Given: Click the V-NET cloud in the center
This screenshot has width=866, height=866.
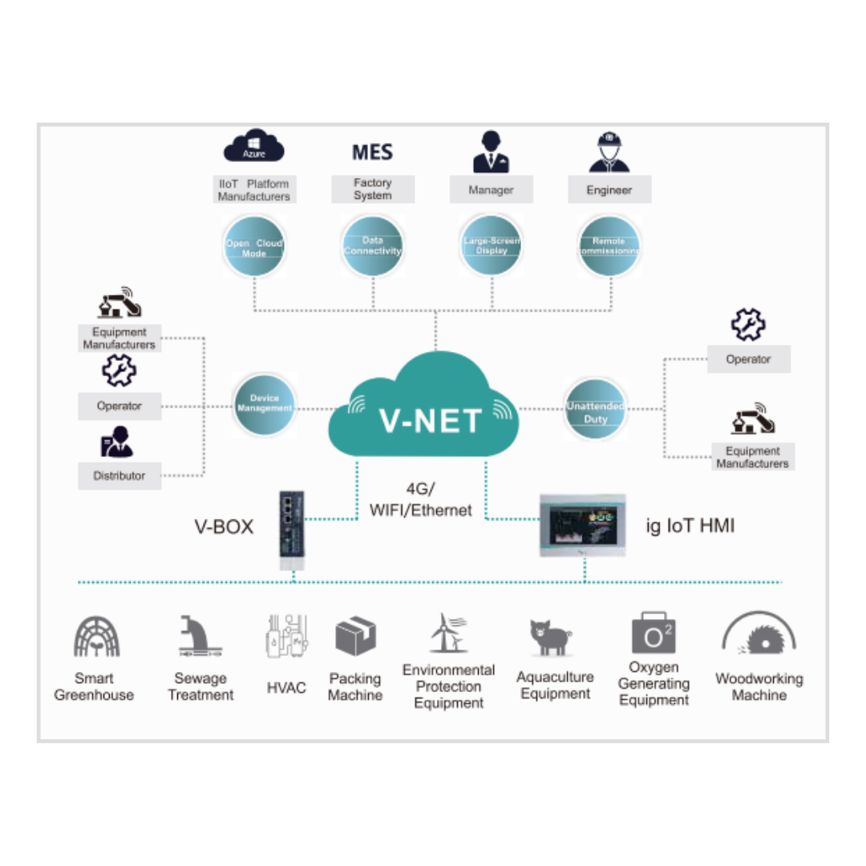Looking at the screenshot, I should click(423, 409).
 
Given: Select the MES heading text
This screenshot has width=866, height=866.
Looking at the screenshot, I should click(373, 152).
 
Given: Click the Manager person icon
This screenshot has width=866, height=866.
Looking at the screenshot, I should click(491, 152).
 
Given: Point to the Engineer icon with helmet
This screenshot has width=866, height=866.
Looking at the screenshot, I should click(609, 152).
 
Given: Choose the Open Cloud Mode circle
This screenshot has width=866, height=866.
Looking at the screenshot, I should click(253, 247).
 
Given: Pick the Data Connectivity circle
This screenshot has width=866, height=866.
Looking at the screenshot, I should click(373, 246).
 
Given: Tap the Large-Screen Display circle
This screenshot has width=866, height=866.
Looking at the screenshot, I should click(492, 246).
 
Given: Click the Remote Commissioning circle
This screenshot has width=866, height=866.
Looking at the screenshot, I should click(609, 246).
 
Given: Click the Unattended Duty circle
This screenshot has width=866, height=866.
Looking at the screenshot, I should click(595, 409).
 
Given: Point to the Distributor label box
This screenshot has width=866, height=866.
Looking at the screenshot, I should click(119, 475).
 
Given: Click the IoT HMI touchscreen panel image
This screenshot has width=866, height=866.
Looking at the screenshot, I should click(581, 526).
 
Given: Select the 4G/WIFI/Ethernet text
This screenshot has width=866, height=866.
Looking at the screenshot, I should click(421, 499).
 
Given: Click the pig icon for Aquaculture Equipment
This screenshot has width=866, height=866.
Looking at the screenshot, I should click(550, 637).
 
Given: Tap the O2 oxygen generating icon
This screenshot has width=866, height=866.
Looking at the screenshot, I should click(654, 633).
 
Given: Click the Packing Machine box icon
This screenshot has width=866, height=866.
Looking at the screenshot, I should click(355, 637).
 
